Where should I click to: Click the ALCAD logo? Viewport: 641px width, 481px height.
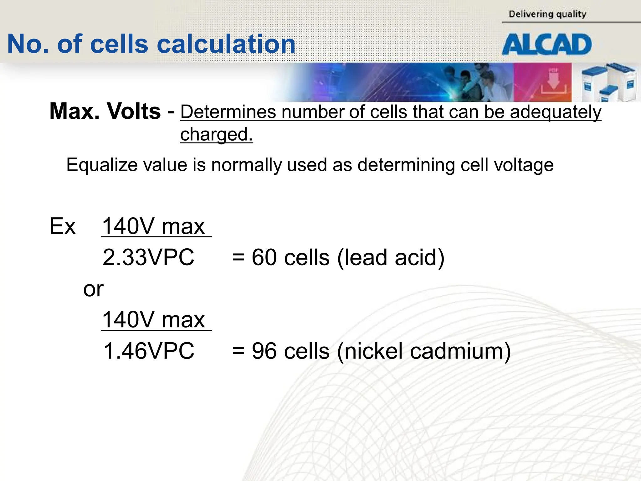(547, 44)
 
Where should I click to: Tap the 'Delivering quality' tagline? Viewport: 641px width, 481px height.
(547, 14)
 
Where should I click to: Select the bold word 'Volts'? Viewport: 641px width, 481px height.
(134, 111)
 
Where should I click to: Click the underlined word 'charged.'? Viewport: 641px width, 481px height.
(216, 134)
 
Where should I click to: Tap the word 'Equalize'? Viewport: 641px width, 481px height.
(102, 165)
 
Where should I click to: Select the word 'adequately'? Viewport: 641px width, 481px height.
(555, 112)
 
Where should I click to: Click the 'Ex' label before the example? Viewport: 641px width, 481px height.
(62, 226)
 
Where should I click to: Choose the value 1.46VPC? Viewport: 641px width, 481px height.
(149, 351)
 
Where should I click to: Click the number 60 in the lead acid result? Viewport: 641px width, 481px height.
(264, 257)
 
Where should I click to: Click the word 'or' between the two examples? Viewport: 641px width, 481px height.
(93, 289)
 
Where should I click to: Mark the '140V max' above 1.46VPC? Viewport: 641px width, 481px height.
(153, 320)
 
